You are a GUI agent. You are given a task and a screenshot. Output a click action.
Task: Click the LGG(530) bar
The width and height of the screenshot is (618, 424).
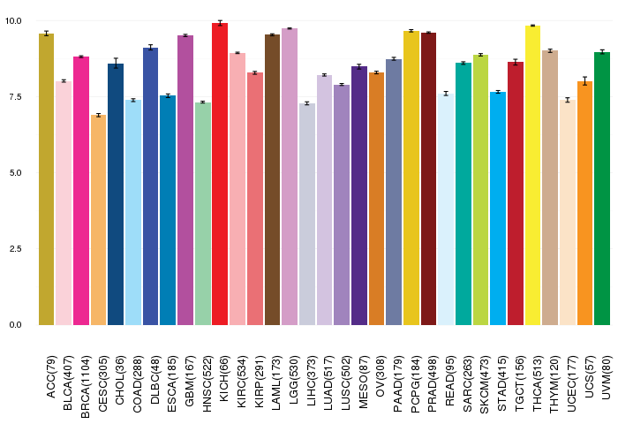click(x=290, y=177)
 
